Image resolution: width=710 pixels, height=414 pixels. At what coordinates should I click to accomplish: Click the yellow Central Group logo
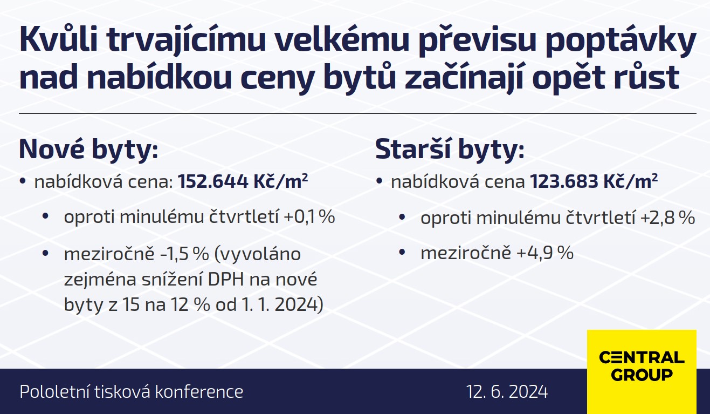[642, 371]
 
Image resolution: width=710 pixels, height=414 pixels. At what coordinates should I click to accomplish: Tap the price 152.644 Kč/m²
[243, 181]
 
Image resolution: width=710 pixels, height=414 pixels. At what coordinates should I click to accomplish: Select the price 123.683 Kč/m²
[594, 181]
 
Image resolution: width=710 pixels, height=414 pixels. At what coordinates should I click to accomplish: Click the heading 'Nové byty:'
[88, 150]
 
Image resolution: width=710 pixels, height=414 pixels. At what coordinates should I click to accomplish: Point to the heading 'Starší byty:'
[450, 150]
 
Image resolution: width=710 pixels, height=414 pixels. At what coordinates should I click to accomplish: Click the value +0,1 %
[309, 217]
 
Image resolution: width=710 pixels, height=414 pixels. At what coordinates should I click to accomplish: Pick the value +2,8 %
[667, 218]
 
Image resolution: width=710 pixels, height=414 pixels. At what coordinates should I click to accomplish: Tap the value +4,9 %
[545, 253]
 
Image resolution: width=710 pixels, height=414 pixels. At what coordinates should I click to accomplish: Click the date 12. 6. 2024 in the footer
[507, 391]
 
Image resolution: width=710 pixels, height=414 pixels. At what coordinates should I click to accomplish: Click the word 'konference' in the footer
[199, 391]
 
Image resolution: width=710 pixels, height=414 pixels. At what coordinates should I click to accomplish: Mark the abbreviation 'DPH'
[226, 280]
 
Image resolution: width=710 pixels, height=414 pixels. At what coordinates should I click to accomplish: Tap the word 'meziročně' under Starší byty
[466, 253]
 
